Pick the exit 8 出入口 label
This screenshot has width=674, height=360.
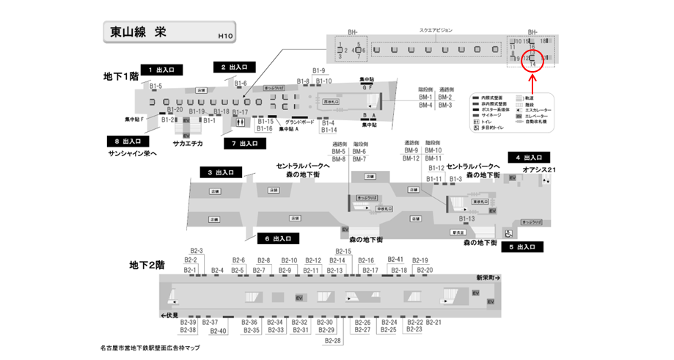coord(128,141)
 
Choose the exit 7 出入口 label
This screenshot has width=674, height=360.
coord(244,143)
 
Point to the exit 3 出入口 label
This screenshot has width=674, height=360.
coord(221,172)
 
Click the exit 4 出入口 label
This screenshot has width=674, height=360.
coord(528,157)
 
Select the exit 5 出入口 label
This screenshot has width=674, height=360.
coord(523,247)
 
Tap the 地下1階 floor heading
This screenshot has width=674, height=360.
coord(121,76)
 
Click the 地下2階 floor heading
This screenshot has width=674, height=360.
coord(147,265)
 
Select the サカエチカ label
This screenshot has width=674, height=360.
coord(188,144)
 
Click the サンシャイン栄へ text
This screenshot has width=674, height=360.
coord(133,153)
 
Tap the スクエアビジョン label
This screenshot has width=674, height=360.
coord(436,30)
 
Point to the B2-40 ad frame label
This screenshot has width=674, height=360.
coord(218,331)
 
